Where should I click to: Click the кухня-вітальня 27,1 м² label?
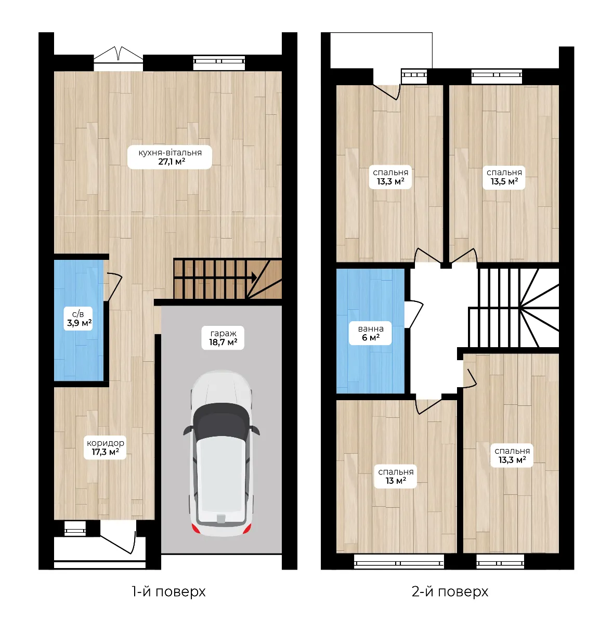(169, 157)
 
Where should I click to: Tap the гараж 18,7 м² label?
(223, 338)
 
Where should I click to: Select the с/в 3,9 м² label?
(78, 319)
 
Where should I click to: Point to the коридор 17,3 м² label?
(105, 447)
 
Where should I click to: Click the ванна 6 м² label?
(370, 333)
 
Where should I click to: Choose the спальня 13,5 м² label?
(504, 177)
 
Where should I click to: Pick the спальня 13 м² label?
(396, 476)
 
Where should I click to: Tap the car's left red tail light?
(196, 529)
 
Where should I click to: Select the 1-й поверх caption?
(168, 592)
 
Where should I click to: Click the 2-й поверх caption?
(450, 592)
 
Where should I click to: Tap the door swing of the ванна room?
(414, 314)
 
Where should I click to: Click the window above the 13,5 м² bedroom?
(497, 77)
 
